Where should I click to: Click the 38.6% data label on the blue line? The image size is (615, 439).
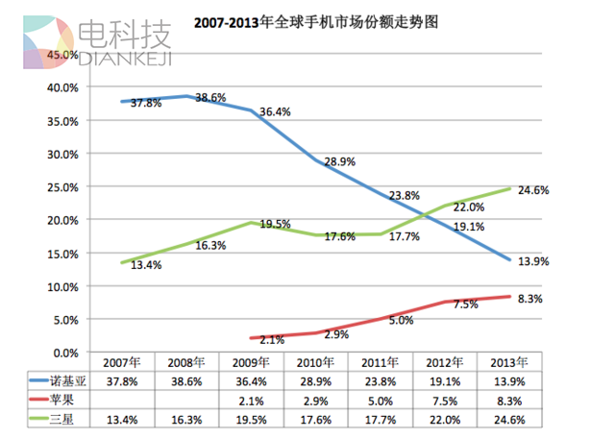point(214,98)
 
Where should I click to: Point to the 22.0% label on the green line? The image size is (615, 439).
point(468,207)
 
